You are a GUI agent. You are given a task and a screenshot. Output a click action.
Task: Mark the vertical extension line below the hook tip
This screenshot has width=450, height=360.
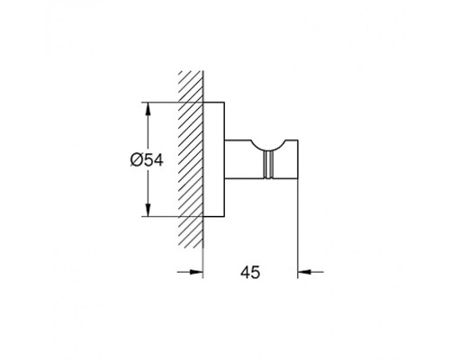pyautogui.click(x=297, y=234)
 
